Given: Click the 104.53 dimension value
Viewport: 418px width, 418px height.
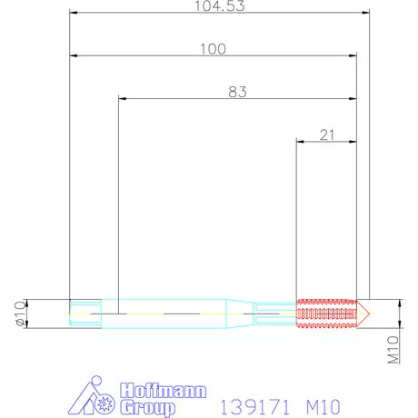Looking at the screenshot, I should coord(221,6).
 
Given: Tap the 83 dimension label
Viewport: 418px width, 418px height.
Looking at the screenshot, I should coord(237,92).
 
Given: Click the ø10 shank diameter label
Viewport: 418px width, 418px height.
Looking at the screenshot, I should coord(19,313).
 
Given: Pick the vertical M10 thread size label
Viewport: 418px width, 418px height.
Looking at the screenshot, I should coord(394,350).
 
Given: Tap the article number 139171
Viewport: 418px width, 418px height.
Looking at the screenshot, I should coord(246,401).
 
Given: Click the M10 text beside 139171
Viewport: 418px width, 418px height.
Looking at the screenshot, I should coord(324,401).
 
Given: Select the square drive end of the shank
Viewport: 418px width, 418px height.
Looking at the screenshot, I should coord(83,312).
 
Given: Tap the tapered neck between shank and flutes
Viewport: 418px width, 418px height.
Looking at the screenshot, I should coord(239,312).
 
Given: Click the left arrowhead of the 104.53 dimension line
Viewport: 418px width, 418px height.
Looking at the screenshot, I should coord(73,13).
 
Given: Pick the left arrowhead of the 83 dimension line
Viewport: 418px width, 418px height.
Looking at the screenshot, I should coord(121,99).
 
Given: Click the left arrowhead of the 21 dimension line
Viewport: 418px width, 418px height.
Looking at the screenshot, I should coord(300,142).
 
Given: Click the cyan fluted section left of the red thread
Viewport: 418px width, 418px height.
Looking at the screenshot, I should coord(274,312).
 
